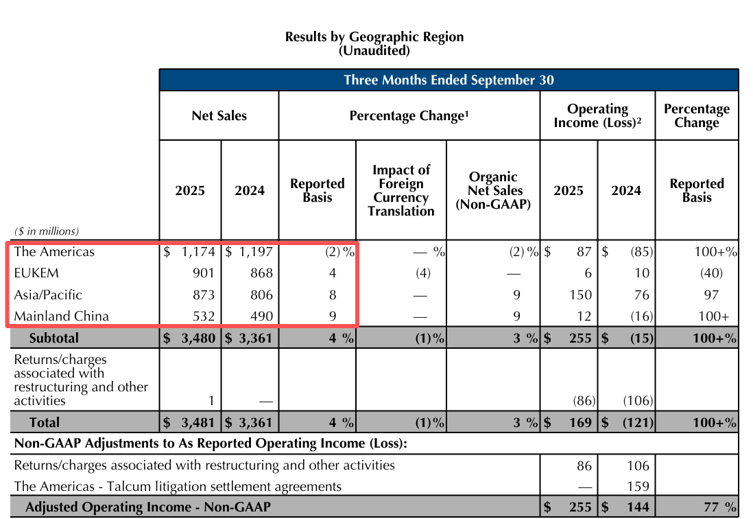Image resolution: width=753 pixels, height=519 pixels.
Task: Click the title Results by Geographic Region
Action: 374,37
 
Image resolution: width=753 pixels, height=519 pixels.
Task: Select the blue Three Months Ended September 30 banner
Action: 449,80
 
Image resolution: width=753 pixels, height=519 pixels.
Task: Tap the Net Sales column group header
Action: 219,116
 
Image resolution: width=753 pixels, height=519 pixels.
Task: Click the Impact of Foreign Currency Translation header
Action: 401,190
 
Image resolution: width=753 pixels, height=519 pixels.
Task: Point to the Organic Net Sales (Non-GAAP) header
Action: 493,190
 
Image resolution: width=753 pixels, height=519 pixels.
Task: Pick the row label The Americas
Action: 54,252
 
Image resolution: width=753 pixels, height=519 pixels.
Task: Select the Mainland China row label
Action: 61,316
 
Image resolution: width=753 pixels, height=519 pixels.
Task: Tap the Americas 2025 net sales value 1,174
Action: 198,252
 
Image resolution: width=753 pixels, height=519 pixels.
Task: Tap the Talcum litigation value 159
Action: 638,487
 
